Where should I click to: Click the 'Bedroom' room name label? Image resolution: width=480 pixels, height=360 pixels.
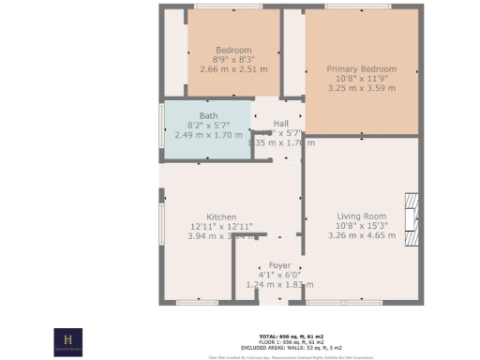pos(233,50)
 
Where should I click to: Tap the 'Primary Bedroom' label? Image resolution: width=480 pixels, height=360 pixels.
pos(361,69)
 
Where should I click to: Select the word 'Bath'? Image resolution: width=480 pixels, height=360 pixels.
pos(207,115)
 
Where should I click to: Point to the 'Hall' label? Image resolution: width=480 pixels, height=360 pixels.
pos(280,124)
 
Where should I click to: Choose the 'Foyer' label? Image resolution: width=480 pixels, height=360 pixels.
pos(279,265)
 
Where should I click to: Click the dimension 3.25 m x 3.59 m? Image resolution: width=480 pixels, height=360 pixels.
pos(361,88)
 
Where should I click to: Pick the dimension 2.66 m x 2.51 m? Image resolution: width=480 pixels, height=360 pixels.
pos(233,68)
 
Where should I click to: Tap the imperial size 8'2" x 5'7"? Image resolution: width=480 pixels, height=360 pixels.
pos(207,125)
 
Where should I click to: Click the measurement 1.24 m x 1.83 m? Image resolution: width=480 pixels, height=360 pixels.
pos(279,284)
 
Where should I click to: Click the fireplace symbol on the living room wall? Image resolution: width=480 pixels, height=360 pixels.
pos(409,213)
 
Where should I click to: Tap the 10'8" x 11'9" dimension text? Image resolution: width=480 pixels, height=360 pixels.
pos(361,79)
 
